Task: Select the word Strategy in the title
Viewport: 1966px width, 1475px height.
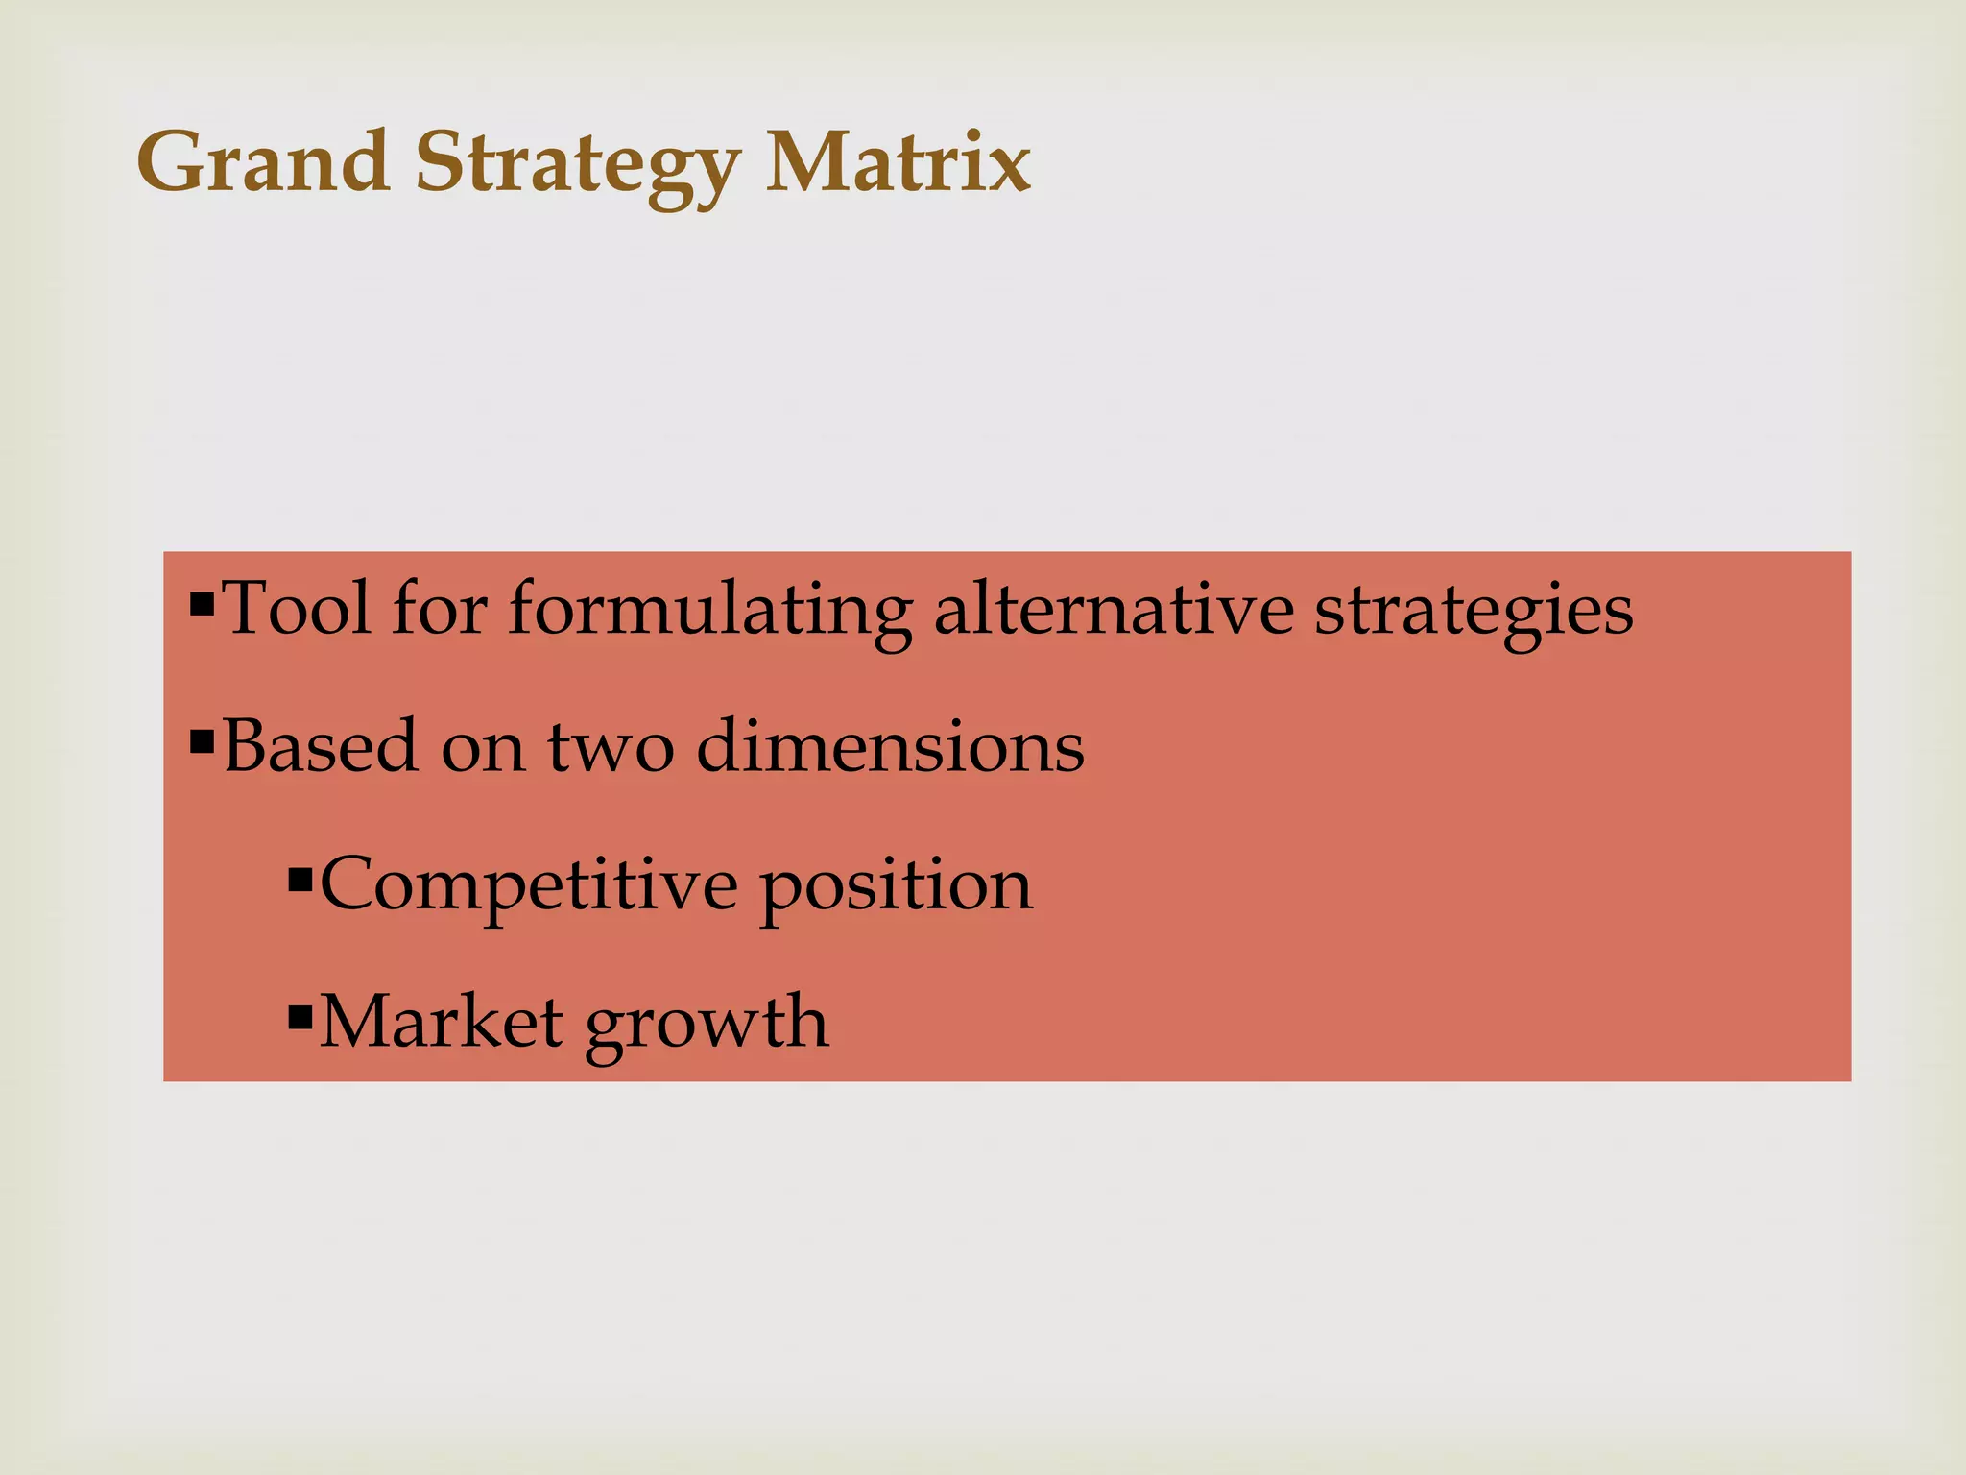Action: coord(576,165)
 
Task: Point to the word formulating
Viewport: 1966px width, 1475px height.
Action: coord(709,612)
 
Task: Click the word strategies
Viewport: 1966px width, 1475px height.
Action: coord(1473,612)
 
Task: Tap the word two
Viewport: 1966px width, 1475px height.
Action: coord(611,747)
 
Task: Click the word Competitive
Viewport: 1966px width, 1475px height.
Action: coord(529,884)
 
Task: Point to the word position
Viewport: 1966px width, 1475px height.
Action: coord(897,886)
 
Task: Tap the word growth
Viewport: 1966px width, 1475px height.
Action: coord(707,1025)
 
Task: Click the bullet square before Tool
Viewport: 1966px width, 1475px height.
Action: coord(202,605)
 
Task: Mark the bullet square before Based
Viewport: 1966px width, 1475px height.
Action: coord(202,742)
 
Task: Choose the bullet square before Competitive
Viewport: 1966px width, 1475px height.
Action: coord(300,879)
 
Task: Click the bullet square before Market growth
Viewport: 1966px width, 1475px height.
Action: coord(300,1015)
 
